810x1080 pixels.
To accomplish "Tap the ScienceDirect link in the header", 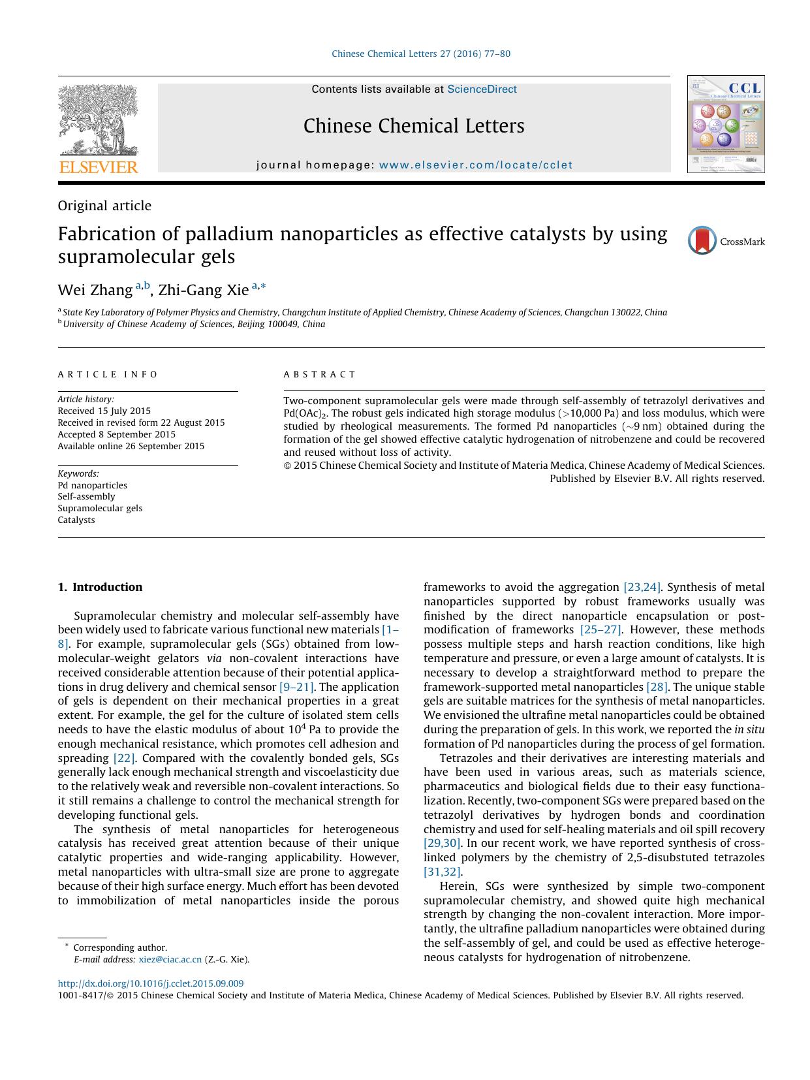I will [482, 89].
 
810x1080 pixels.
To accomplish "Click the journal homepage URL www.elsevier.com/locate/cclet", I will [475, 165].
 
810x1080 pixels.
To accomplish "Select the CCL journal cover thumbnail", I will [726, 124].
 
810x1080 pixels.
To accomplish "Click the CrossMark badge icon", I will [702, 241].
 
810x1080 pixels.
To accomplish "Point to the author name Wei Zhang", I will [95, 290].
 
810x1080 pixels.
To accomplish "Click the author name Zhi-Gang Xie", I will [204, 290].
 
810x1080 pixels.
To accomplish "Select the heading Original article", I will [104, 206].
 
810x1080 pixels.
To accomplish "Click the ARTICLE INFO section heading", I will [108, 375].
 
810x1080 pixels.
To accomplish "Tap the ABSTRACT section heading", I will [320, 375].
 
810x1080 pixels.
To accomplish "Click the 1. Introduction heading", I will [100, 587].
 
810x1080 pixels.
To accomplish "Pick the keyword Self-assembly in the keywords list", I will [86, 497].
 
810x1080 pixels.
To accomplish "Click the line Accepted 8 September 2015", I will [116, 435].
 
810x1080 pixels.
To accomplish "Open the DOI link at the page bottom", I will [151, 983].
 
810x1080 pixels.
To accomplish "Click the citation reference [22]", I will [124, 758].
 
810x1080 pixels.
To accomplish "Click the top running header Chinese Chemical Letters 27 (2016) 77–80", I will [421, 54].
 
